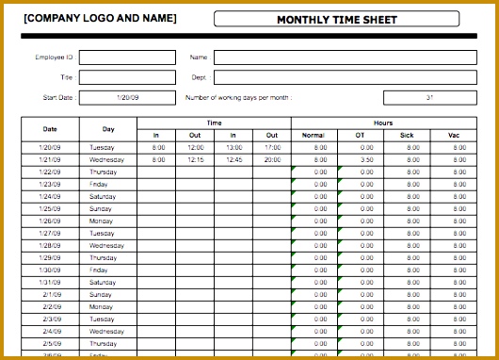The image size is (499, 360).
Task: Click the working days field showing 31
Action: coord(429,97)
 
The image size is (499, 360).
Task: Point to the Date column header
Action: coord(49,129)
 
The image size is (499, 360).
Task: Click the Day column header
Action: coord(107,129)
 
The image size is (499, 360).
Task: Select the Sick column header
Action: coord(407,136)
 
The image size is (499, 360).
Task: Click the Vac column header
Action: coord(459,136)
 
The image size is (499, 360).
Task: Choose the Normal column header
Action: coord(314,136)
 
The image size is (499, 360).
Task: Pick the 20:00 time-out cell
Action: coord(271,159)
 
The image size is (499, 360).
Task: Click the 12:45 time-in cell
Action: coord(233,159)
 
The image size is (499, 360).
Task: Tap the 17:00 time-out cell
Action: coord(271,147)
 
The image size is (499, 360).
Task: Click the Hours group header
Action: coord(382,123)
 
